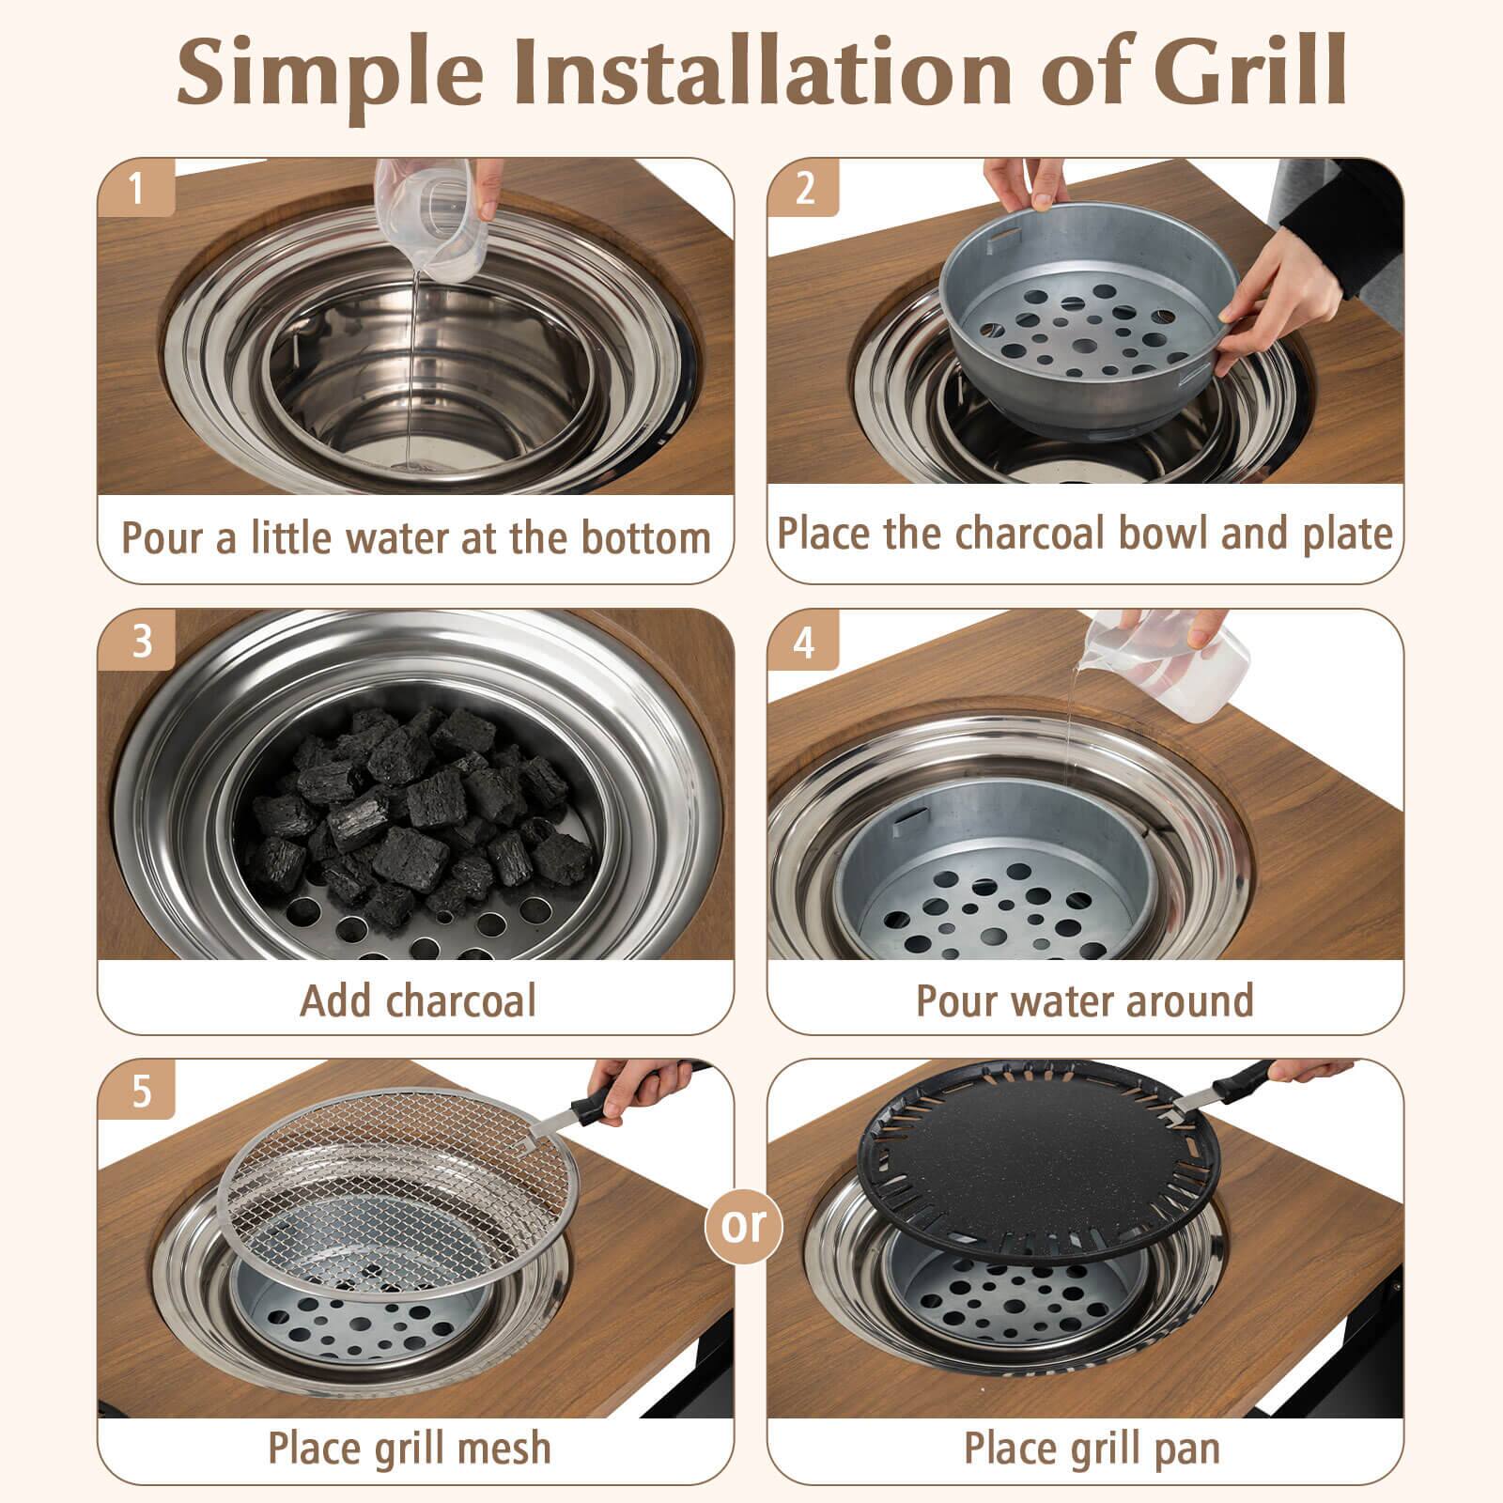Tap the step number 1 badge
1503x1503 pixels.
(x=137, y=188)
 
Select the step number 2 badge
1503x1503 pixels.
(x=805, y=188)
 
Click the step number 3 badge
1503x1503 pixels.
(x=141, y=641)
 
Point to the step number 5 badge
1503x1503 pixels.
(x=141, y=1092)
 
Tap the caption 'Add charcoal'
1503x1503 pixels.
(x=417, y=1000)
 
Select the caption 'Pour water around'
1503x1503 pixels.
(x=1085, y=1000)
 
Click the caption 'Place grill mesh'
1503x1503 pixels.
(x=410, y=1448)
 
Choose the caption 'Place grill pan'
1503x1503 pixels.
(x=1092, y=1448)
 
